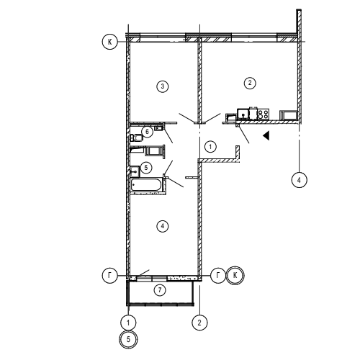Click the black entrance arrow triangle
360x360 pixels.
266,135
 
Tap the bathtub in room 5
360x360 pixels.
146,185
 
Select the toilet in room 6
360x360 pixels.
136,138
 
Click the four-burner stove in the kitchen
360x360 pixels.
263,114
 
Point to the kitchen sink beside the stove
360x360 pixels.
243,114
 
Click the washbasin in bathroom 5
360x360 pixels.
135,171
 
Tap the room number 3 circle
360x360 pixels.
163,86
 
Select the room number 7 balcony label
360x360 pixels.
160,290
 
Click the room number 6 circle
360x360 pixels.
147,131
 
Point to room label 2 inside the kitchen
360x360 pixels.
250,83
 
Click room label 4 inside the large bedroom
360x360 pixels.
163,226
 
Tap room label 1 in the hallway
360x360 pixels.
210,146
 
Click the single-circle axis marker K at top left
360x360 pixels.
110,42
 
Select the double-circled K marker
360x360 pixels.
235,275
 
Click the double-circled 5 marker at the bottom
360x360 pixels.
128,339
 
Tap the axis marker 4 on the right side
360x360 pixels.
299,180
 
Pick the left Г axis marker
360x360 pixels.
110,275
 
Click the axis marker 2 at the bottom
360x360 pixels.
199,323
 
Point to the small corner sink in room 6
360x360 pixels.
158,128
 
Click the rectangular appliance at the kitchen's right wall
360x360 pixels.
289,115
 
